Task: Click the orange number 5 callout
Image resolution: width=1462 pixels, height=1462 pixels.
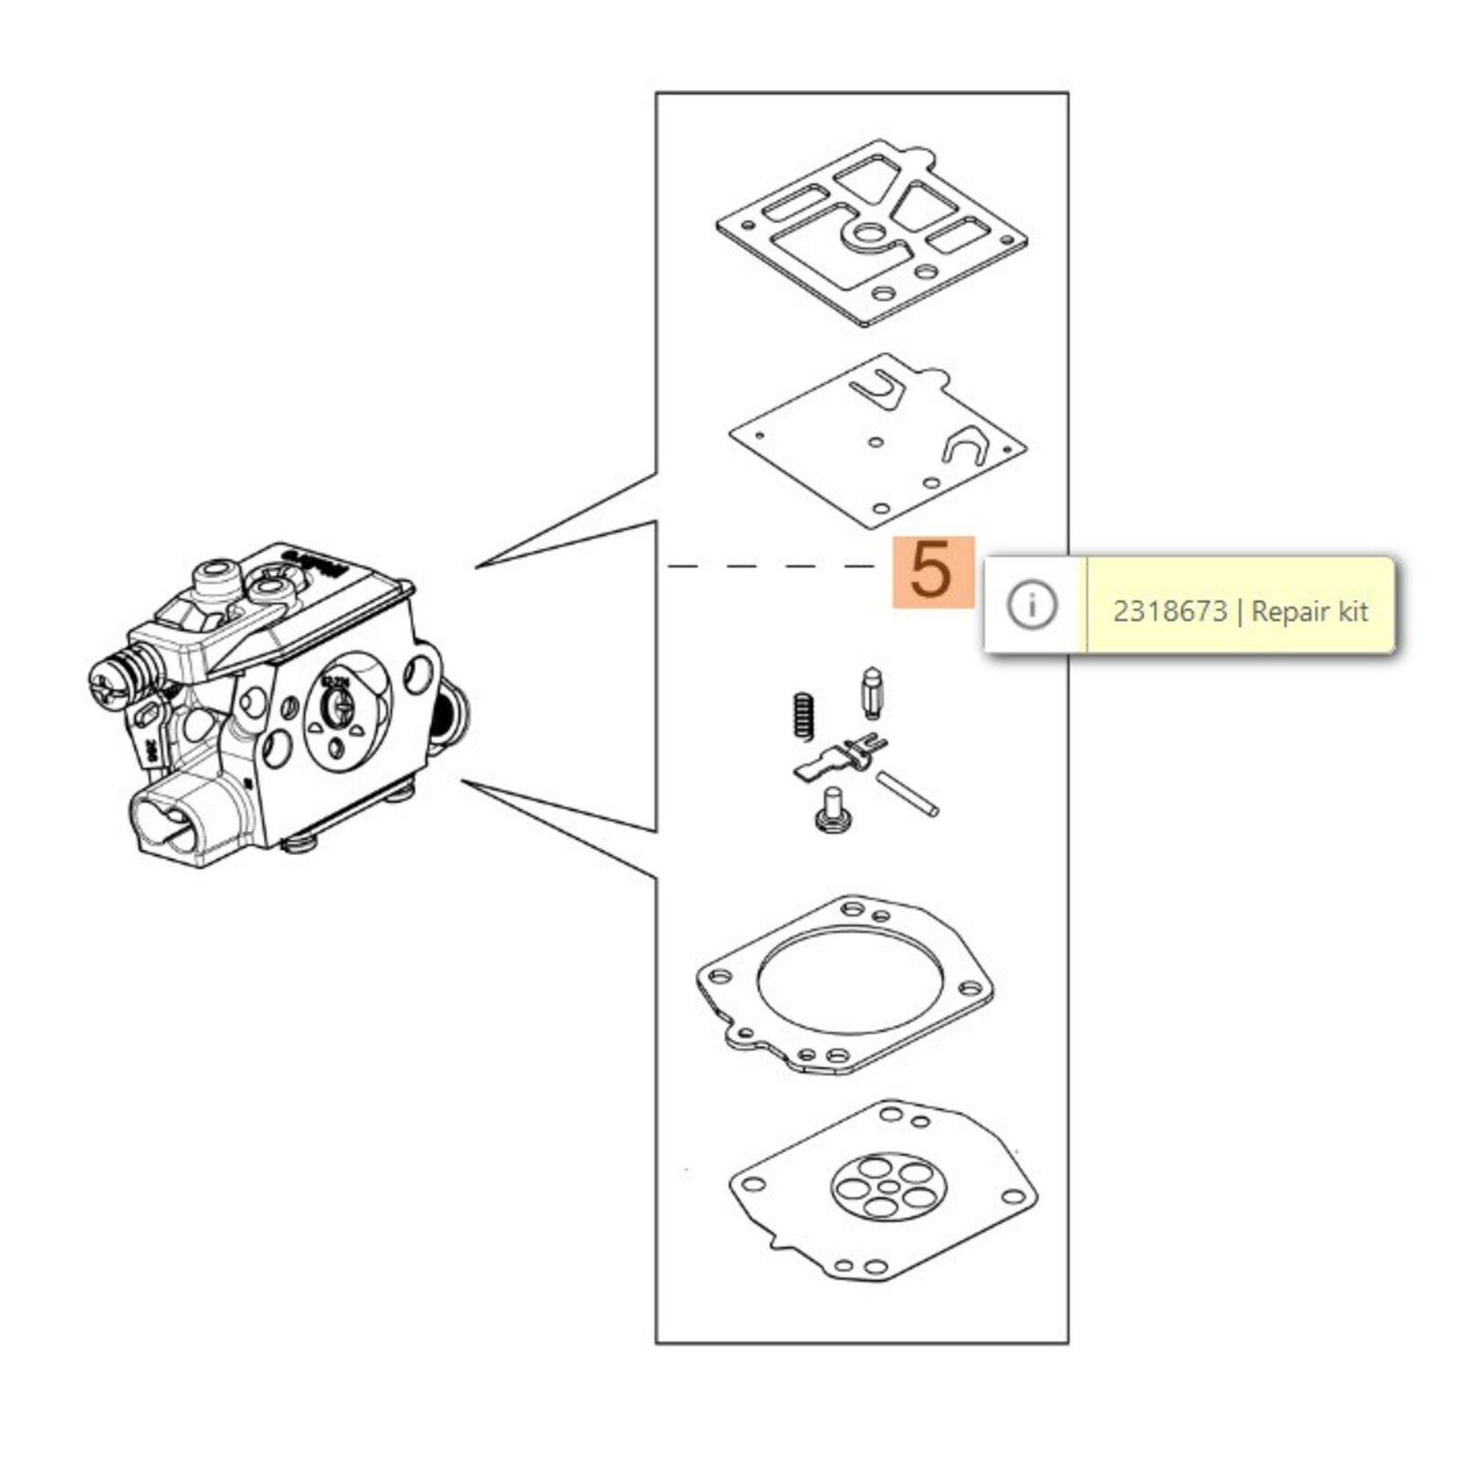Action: tap(933, 571)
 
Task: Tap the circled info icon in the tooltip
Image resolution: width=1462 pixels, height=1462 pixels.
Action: tap(1033, 605)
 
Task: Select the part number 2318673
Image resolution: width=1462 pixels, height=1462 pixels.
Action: tap(1169, 610)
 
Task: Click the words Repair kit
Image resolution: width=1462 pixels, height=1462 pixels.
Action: tap(1309, 610)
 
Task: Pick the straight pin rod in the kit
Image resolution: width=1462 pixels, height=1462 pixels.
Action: tap(906, 793)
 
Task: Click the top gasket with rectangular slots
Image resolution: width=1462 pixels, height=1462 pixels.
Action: tap(870, 233)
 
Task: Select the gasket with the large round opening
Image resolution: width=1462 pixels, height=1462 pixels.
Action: tap(844, 983)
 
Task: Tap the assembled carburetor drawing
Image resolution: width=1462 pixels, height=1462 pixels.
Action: tap(274, 704)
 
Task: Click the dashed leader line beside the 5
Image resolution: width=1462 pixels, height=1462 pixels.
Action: tap(772, 567)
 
